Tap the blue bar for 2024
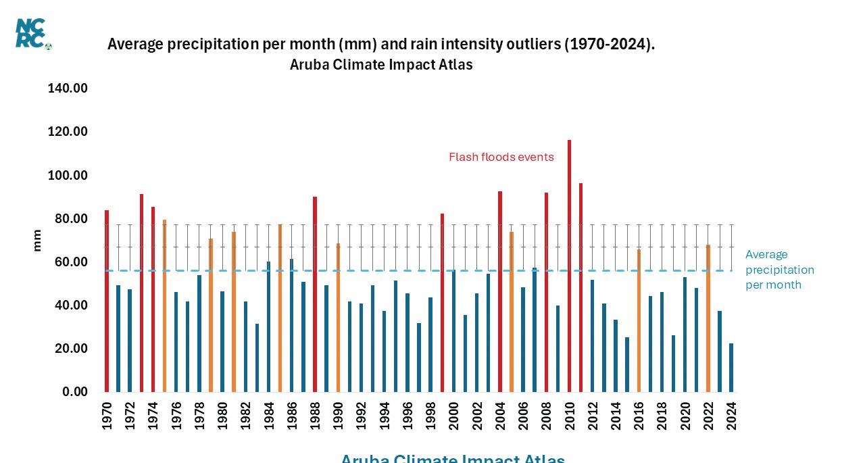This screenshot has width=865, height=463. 731,368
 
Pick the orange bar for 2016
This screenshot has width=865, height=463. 639,320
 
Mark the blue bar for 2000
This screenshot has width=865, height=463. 453,331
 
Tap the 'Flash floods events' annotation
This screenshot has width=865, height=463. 501,157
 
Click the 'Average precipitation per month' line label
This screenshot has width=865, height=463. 779,270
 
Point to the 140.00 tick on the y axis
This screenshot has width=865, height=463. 68,89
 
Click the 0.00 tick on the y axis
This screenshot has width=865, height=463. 74,392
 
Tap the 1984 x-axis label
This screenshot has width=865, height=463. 269,416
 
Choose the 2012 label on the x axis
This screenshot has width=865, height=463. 593,416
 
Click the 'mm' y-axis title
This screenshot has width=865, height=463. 37,241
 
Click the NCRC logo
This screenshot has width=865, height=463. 32,33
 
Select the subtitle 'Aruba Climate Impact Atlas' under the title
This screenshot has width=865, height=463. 381,65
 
